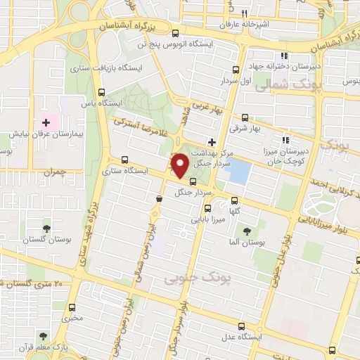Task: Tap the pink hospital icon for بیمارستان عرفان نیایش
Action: [x=46, y=122]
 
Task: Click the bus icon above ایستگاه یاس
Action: [x=102, y=92]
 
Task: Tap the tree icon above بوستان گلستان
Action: [x=46, y=229]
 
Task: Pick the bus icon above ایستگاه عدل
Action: [x=243, y=326]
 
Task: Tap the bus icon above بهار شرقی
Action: [x=245, y=117]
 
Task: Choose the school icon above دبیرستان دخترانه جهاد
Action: [x=284, y=56]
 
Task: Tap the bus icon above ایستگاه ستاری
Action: [x=125, y=159]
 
